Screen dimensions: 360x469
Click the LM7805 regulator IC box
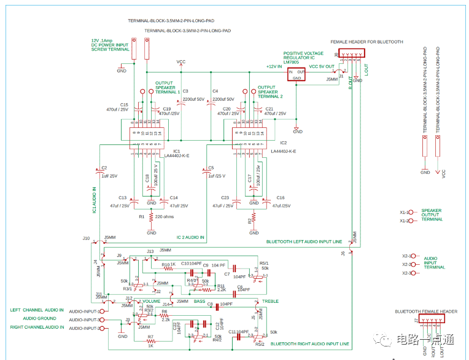[x=297, y=74]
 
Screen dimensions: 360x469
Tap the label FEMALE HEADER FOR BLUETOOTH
[x=366, y=42]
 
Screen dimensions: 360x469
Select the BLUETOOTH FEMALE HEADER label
[x=425, y=311]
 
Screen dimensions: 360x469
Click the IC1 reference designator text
[x=176, y=151]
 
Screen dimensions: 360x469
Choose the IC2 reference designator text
[x=283, y=143]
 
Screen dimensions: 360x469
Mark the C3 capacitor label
[x=185, y=91]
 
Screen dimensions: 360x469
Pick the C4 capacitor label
[x=215, y=91]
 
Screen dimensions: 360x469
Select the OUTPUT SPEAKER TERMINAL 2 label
[x=269, y=92]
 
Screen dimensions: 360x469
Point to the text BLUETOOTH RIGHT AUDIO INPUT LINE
[x=309, y=343]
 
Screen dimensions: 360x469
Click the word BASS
[x=200, y=301]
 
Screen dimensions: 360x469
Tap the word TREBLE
[x=269, y=301]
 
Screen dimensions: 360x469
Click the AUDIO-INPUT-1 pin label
[x=83, y=311]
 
